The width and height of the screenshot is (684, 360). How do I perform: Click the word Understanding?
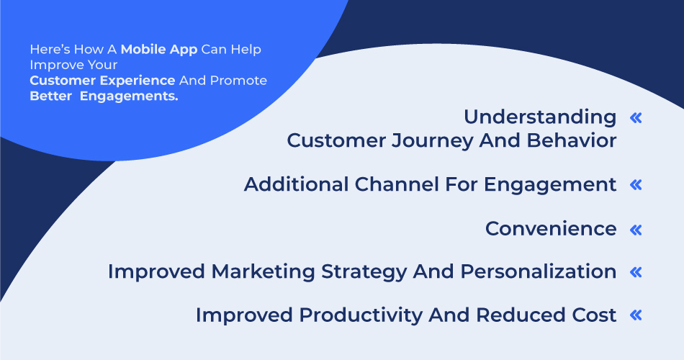tap(540, 117)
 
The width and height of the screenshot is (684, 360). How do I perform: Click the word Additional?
tap(297, 184)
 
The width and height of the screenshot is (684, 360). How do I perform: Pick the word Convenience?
tap(551, 229)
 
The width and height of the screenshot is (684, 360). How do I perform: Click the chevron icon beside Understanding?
tap(635, 118)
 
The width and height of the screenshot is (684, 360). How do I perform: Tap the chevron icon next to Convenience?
tap(635, 230)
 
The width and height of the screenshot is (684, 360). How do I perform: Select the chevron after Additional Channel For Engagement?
tap(635, 185)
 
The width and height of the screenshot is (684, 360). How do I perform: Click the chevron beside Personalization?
tap(635, 272)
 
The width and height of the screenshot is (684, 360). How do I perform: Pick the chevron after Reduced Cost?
tap(635, 315)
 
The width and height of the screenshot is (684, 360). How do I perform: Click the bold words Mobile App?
tap(158, 50)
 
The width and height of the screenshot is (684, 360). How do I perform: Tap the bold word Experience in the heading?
tap(138, 81)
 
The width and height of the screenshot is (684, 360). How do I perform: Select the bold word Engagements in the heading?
tap(129, 96)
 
